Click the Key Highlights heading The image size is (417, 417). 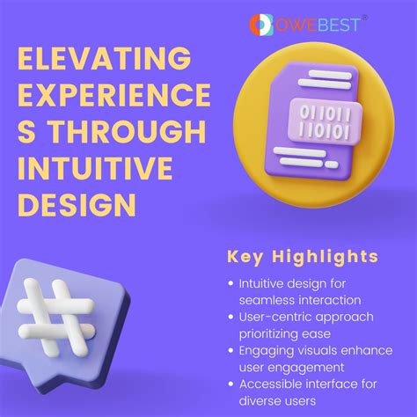302,257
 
